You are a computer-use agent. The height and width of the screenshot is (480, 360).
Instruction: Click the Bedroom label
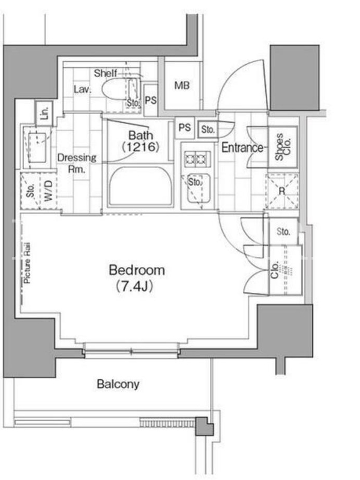click(x=137, y=271)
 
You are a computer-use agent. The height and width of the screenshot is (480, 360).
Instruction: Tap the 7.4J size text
click(x=134, y=287)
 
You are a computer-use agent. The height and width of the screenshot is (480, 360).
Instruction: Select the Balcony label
click(x=118, y=384)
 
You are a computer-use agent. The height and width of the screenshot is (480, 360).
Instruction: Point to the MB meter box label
click(x=182, y=85)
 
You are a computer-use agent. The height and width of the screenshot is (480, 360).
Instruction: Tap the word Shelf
click(x=105, y=73)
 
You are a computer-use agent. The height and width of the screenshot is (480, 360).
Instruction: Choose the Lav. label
click(x=82, y=89)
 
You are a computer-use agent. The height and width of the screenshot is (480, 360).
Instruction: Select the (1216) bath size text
click(x=141, y=148)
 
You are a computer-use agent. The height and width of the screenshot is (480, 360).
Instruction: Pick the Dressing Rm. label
click(x=77, y=163)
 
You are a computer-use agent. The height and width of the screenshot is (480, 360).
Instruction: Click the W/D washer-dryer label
click(x=49, y=191)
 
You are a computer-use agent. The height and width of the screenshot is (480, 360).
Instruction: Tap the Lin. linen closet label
click(x=44, y=113)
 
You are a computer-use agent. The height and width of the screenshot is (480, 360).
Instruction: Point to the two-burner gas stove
click(x=196, y=159)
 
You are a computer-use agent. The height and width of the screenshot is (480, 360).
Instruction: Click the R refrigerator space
click(x=282, y=191)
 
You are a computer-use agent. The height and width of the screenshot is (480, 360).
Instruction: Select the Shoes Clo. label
click(x=283, y=146)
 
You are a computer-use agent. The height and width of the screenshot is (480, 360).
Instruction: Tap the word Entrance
click(x=242, y=148)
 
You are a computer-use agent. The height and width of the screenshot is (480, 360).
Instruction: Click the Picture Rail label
click(x=27, y=263)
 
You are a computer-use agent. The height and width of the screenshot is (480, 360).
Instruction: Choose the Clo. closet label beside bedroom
click(x=275, y=270)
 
